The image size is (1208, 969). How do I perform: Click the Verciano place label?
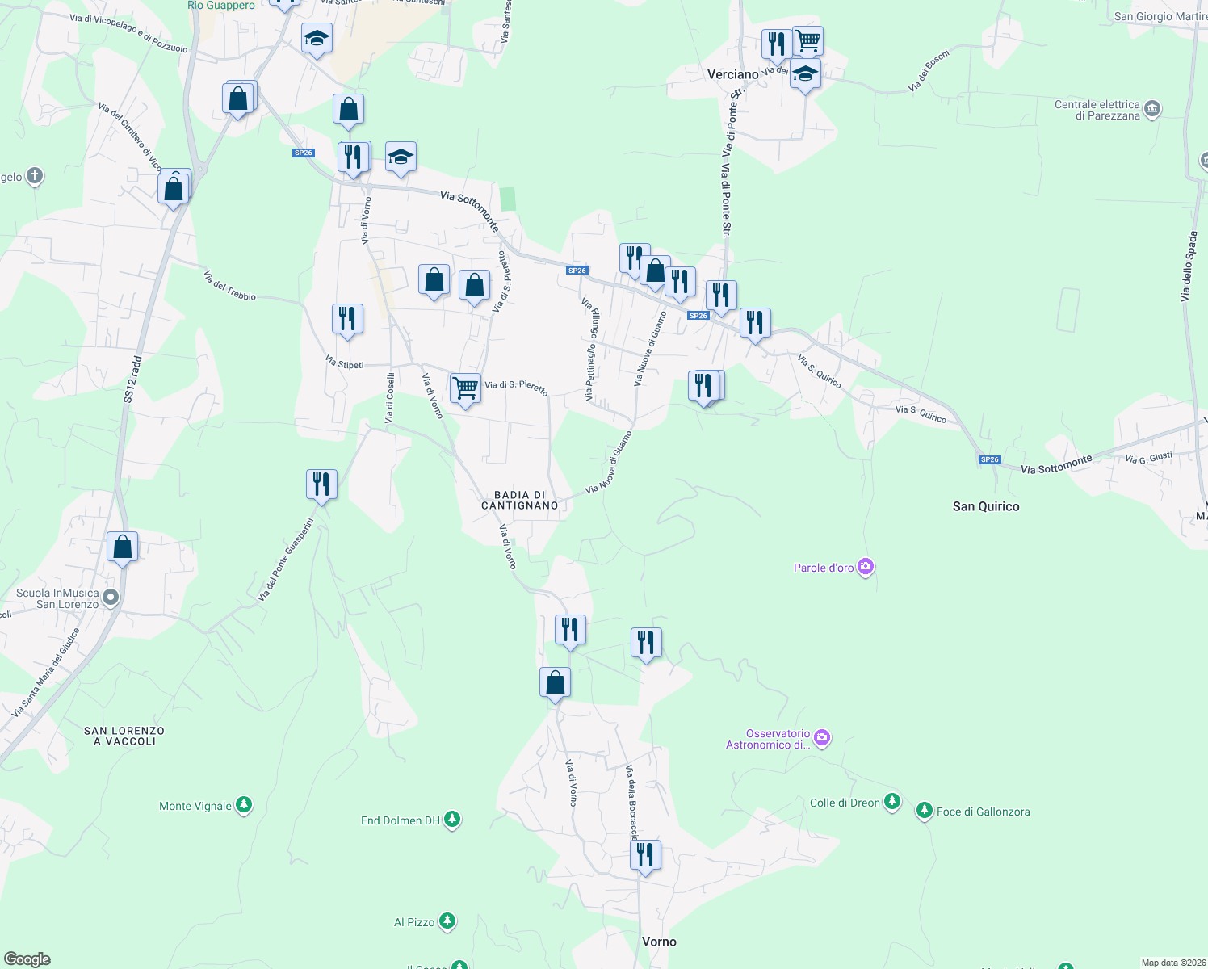[732, 74]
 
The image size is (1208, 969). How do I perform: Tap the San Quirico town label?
[986, 506]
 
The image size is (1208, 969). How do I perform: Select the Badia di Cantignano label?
[520, 500]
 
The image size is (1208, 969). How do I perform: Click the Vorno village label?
[659, 942]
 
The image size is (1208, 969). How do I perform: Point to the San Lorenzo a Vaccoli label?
[124, 736]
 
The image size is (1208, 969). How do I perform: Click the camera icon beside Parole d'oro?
[866, 567]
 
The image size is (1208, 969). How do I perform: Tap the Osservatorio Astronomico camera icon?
[822, 736]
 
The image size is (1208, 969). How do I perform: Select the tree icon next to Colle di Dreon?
[892, 802]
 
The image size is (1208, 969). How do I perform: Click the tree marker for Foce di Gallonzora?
[925, 811]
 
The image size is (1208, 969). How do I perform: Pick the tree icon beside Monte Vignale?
[244, 805]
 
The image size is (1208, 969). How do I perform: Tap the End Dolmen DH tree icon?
[452, 820]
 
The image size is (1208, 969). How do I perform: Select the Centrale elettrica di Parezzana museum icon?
[1152, 109]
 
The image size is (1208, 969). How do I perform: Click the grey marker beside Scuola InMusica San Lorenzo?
[111, 598]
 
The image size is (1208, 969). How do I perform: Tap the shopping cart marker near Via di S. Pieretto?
[465, 388]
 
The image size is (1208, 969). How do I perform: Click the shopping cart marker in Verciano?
[807, 40]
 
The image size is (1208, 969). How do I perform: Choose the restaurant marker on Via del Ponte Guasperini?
[321, 484]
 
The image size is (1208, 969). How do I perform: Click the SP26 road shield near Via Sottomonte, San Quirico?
[989, 459]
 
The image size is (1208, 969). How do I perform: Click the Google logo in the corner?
[27, 959]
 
